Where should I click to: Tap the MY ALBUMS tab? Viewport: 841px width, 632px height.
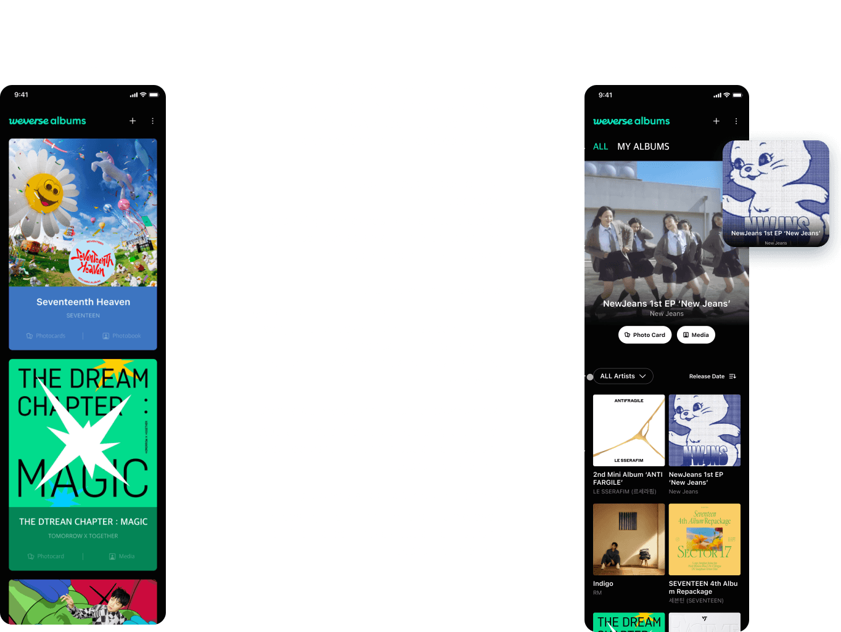point(643,147)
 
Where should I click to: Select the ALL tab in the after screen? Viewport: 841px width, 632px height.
point(600,147)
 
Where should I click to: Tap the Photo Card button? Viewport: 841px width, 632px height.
point(644,335)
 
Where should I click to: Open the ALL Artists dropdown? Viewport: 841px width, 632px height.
point(623,376)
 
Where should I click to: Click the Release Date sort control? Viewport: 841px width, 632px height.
point(712,376)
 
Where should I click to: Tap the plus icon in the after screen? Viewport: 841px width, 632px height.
point(716,121)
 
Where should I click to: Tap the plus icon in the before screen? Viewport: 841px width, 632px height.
point(133,121)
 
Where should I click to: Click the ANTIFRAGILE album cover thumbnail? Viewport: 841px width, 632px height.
point(628,430)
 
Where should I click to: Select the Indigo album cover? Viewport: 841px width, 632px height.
point(628,539)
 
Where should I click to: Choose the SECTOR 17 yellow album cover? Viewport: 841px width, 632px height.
point(704,539)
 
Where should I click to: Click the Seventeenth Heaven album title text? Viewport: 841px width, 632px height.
point(83,302)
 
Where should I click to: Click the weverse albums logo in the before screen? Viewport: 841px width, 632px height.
point(47,121)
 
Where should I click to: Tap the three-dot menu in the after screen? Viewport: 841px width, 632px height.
point(736,121)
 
